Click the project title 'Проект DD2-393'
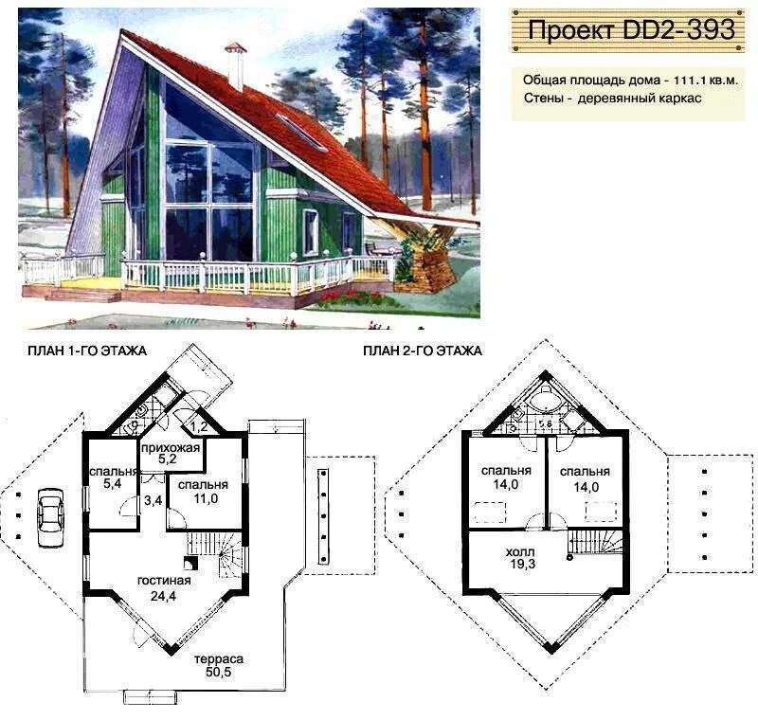point(631,30)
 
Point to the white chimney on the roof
point(236,66)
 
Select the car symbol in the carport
point(51,517)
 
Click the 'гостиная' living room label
point(164,581)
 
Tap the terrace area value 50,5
point(219,672)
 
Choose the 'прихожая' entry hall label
point(171,448)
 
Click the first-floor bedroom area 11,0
point(206,498)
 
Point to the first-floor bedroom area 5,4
point(112,484)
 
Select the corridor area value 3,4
point(153,500)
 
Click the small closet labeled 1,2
point(199,426)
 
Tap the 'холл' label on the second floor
point(520,551)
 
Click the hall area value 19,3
point(523,564)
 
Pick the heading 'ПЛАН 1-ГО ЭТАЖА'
point(87,351)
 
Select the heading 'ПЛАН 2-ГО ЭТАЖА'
point(423,351)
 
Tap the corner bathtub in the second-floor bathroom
point(546,395)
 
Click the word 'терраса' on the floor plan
point(219,659)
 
